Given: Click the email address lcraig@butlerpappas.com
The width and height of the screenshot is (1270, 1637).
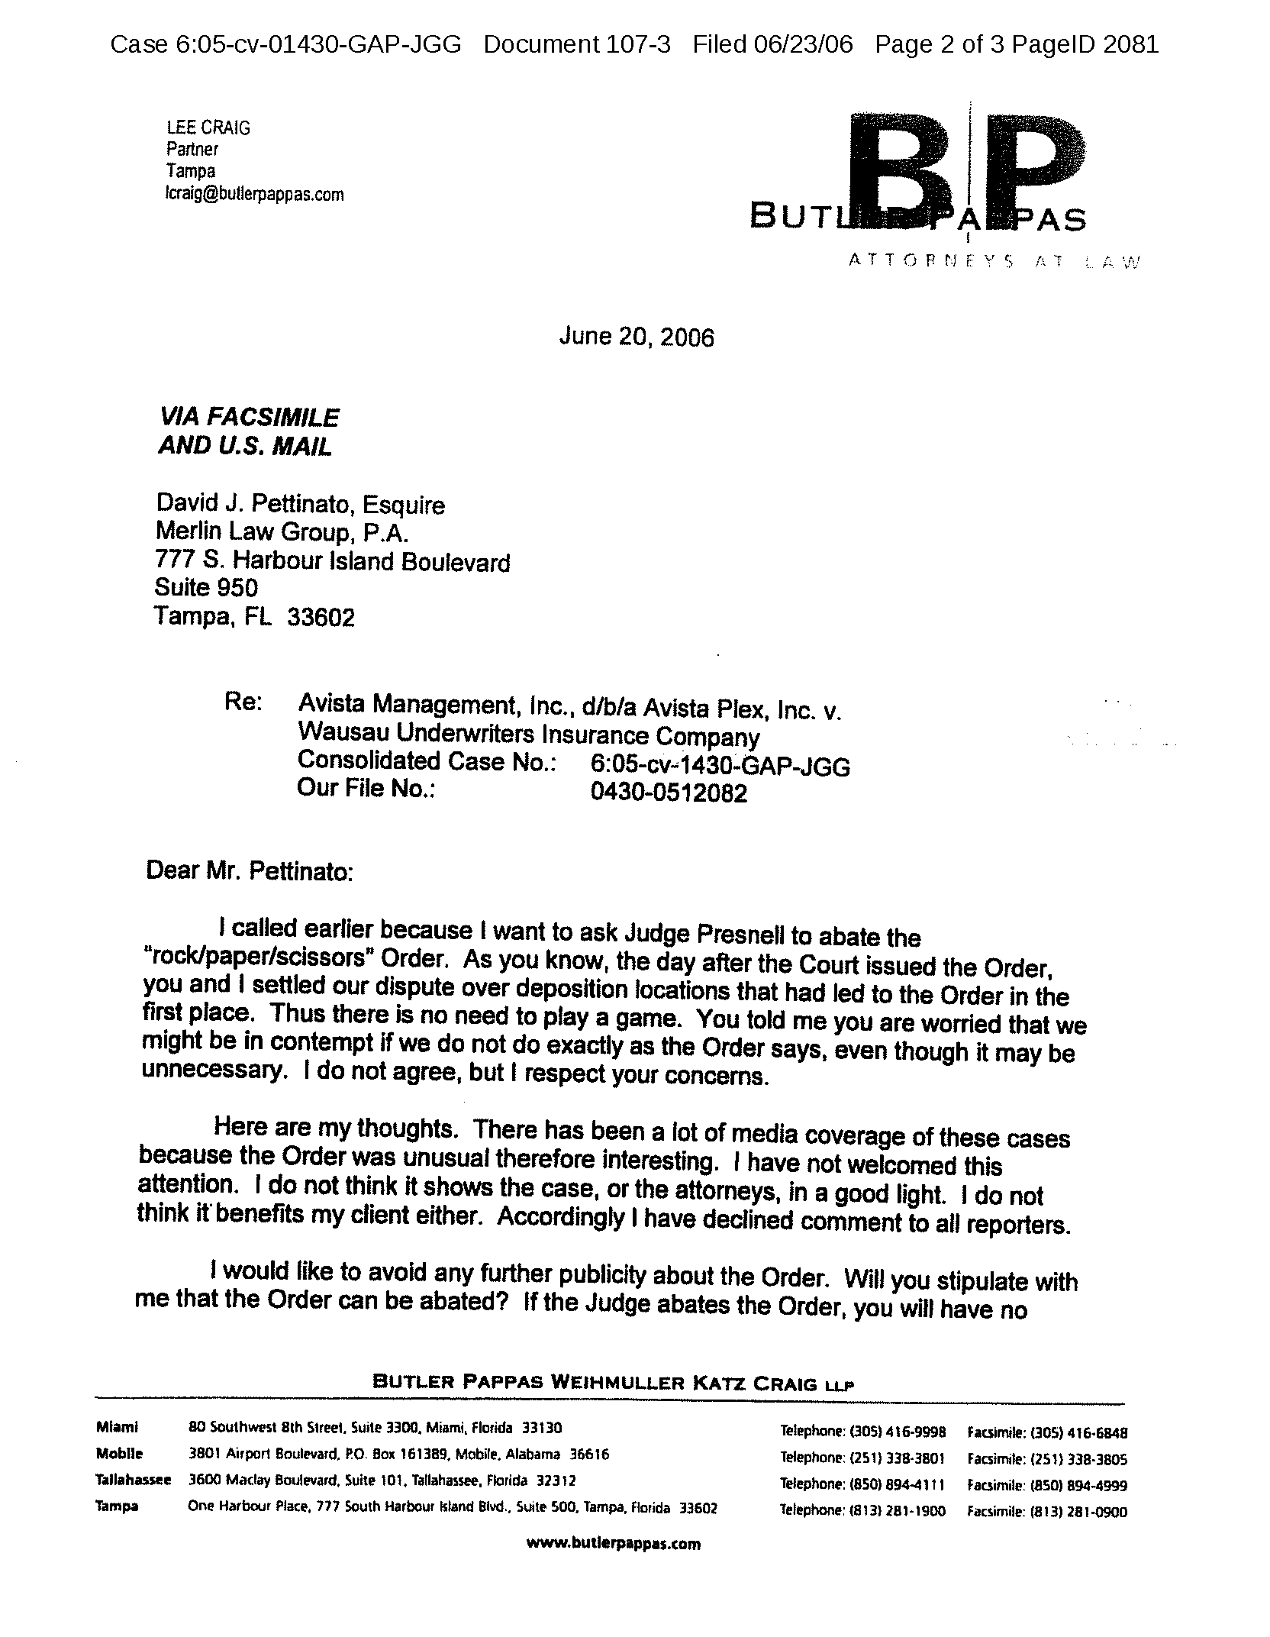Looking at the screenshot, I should click(255, 195).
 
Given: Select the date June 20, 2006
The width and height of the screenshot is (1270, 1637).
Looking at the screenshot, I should click(637, 337).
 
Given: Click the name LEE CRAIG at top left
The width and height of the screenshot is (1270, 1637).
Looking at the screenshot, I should click(208, 128).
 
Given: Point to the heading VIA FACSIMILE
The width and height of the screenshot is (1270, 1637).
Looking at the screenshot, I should click(248, 418).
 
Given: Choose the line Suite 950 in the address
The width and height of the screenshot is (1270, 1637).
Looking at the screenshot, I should click(206, 588).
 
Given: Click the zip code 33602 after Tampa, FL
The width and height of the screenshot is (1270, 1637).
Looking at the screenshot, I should click(321, 617).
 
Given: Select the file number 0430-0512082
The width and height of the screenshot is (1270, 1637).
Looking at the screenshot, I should click(669, 793).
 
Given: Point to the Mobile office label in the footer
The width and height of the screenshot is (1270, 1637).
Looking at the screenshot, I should click(119, 1454).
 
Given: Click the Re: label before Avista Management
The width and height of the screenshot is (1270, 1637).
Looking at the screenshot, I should click(243, 702).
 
